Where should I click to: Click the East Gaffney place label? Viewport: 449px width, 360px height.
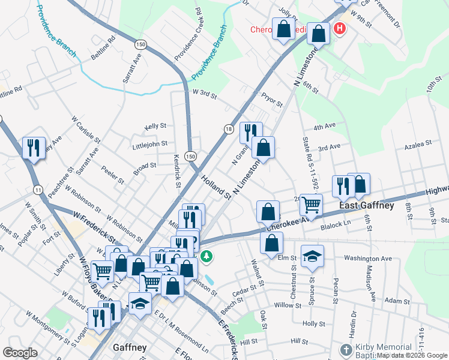366,205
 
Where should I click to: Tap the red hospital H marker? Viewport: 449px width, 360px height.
340,28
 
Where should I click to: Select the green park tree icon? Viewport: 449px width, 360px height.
206,256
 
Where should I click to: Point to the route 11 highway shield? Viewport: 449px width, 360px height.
38,190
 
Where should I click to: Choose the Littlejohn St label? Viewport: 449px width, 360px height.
151,145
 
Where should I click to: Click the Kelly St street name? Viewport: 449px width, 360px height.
155,127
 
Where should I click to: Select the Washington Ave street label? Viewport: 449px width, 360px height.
368,259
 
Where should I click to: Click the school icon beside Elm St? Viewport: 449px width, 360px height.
312,257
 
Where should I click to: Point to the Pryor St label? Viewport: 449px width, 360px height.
271,100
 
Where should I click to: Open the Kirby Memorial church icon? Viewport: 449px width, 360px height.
346,349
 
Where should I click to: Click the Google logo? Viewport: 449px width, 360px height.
20,352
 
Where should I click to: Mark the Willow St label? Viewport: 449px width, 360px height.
288,305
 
